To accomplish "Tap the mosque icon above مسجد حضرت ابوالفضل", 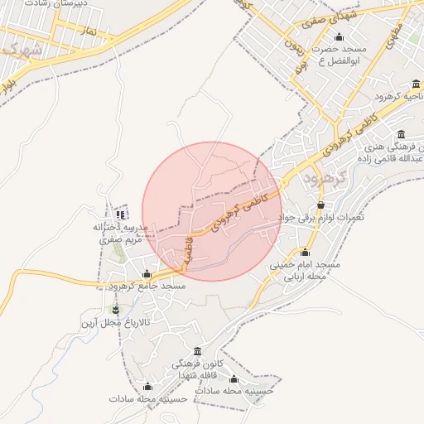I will point(338,37).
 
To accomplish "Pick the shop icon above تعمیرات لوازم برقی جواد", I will point(321,205).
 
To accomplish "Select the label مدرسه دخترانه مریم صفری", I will point(119,232).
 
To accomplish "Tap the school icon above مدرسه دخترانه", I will point(120,214).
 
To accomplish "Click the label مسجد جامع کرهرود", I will point(147,286).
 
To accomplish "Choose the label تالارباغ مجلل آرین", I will point(115,322).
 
